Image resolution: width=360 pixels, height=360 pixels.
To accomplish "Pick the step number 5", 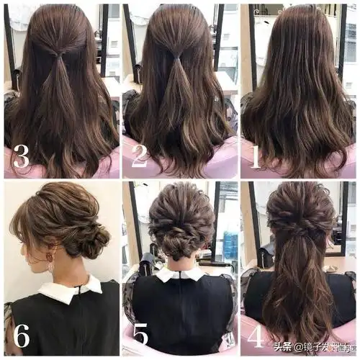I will click(x=141, y=336).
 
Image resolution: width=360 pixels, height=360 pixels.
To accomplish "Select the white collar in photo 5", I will click(x=179, y=274).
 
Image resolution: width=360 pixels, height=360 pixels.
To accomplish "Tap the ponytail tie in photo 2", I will click(x=176, y=57).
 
